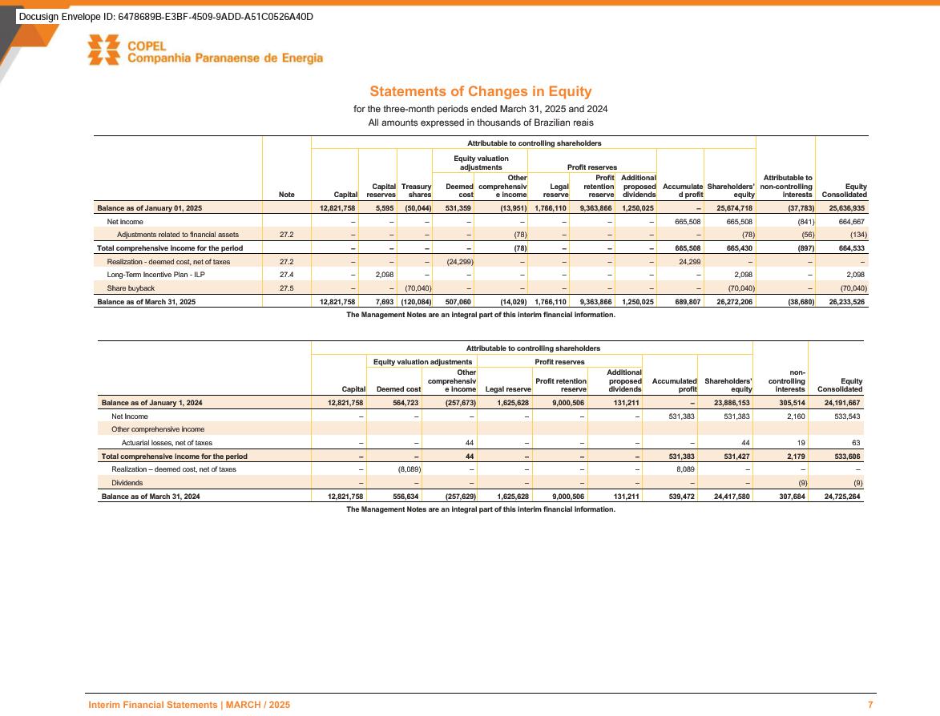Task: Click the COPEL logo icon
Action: pyautogui.click(x=104, y=50)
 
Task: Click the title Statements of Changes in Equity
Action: pyautogui.click(x=480, y=92)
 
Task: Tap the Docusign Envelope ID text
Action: pyautogui.click(x=166, y=17)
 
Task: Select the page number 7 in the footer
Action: pyautogui.click(x=870, y=705)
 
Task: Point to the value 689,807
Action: pyautogui.click(x=682, y=302)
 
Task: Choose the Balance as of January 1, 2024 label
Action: pyautogui.click(x=151, y=404)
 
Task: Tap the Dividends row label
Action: pyautogui.click(x=127, y=483)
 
